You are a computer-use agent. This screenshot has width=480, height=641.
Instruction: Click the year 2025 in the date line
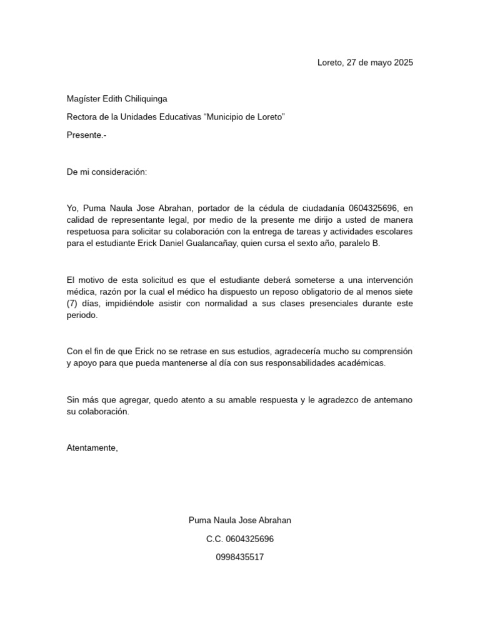click(403, 63)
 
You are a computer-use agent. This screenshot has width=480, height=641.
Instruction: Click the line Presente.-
click(86, 135)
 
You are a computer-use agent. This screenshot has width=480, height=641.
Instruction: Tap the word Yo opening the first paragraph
click(72, 208)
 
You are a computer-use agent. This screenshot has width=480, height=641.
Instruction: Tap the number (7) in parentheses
click(72, 304)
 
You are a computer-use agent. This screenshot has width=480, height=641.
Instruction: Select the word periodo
click(82, 315)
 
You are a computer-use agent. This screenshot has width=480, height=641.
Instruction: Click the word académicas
click(357, 363)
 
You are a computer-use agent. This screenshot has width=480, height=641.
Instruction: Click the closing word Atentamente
click(92, 448)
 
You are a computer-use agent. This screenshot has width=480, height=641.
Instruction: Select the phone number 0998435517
click(240, 556)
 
